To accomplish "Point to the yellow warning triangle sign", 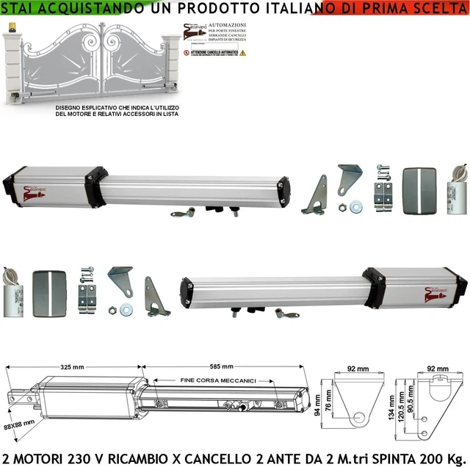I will pyautogui.click(x=243, y=54).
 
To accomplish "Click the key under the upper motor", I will pyautogui.click(x=183, y=213).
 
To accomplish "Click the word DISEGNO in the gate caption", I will pyautogui.click(x=68, y=108).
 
